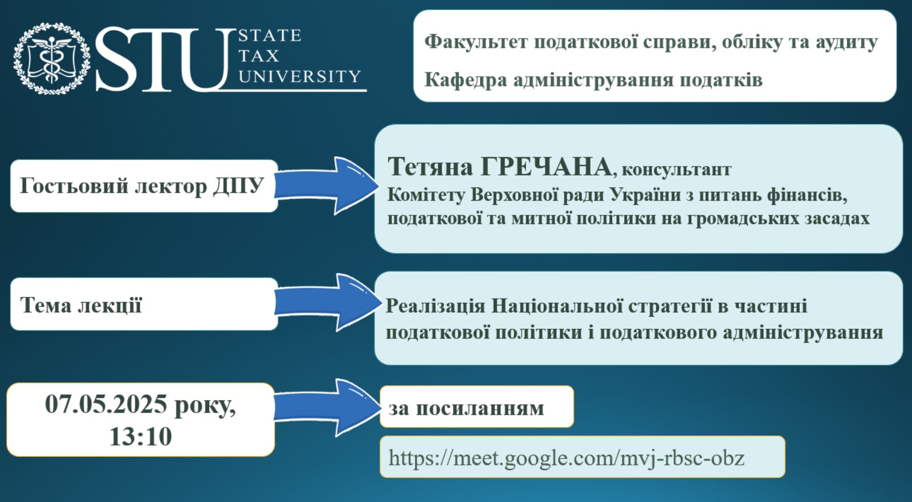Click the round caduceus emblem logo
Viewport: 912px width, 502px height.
(x=52, y=58)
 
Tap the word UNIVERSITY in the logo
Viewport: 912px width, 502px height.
(x=299, y=76)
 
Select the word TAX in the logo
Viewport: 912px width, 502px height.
(x=259, y=56)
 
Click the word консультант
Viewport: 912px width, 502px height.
(x=677, y=169)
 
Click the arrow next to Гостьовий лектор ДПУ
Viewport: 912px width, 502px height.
(x=327, y=186)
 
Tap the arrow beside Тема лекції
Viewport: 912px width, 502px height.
(x=327, y=303)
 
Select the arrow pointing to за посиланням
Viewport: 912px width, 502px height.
(x=327, y=408)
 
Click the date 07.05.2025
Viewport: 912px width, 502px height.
(x=106, y=404)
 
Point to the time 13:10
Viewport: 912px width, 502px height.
(x=140, y=436)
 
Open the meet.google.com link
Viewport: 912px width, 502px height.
(x=567, y=458)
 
